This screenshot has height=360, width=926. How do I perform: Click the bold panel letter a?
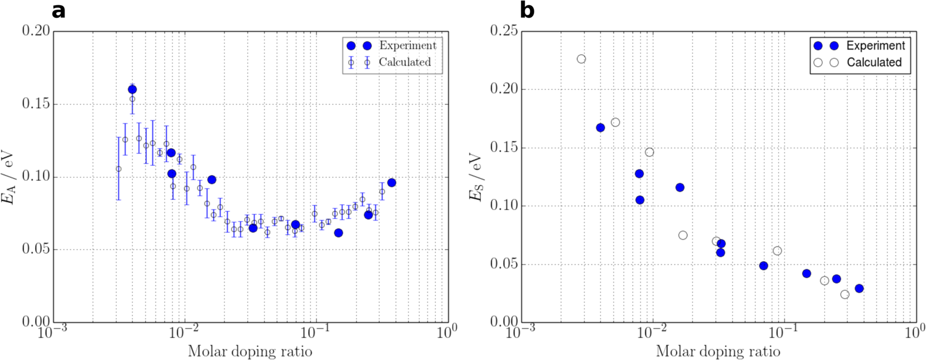tap(58, 10)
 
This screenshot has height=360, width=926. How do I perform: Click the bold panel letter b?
tap(527, 10)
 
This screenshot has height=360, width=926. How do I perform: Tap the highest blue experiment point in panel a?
tap(132, 89)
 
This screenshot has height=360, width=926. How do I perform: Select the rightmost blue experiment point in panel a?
tap(392, 183)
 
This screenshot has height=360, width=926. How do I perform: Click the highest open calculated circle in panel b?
tap(581, 59)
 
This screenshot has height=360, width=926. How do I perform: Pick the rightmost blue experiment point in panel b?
tap(859, 289)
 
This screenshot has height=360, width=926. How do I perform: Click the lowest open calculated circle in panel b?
tap(845, 294)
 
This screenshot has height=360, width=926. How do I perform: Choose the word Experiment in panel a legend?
tap(408, 46)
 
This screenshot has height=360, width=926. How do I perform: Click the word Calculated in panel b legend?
tap(874, 62)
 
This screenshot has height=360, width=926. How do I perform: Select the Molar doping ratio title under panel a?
tap(250, 351)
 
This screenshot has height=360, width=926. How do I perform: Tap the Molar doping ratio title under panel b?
tap(718, 351)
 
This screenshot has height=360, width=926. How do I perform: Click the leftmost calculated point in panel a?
tap(119, 169)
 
